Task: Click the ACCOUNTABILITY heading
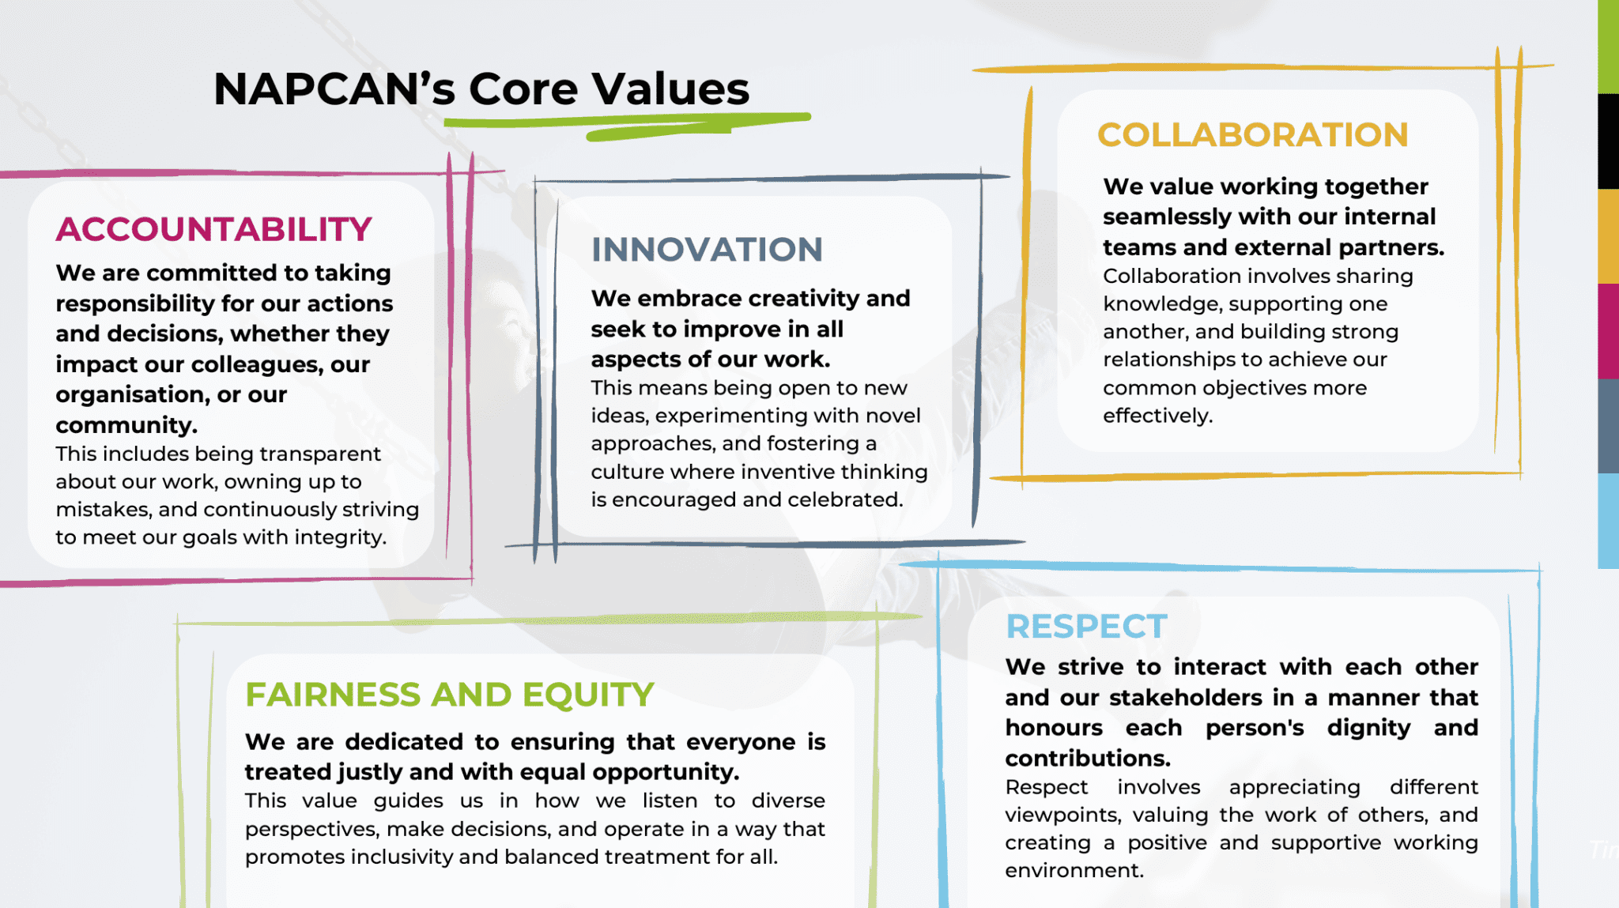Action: (213, 230)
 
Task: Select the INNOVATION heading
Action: (707, 250)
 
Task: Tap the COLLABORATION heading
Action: (1252, 135)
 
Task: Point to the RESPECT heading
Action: (1086, 627)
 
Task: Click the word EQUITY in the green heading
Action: (588, 695)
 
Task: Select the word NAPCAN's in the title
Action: (334, 89)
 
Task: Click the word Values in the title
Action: (670, 89)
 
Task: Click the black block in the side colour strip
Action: (1608, 141)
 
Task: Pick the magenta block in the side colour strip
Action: (1608, 330)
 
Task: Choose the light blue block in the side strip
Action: (1608, 520)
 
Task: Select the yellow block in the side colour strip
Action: (1608, 235)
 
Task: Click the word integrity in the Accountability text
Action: (340, 537)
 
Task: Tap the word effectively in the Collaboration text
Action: (1157, 416)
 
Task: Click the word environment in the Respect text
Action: (1074, 870)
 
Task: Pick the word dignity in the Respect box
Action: (1368, 728)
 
